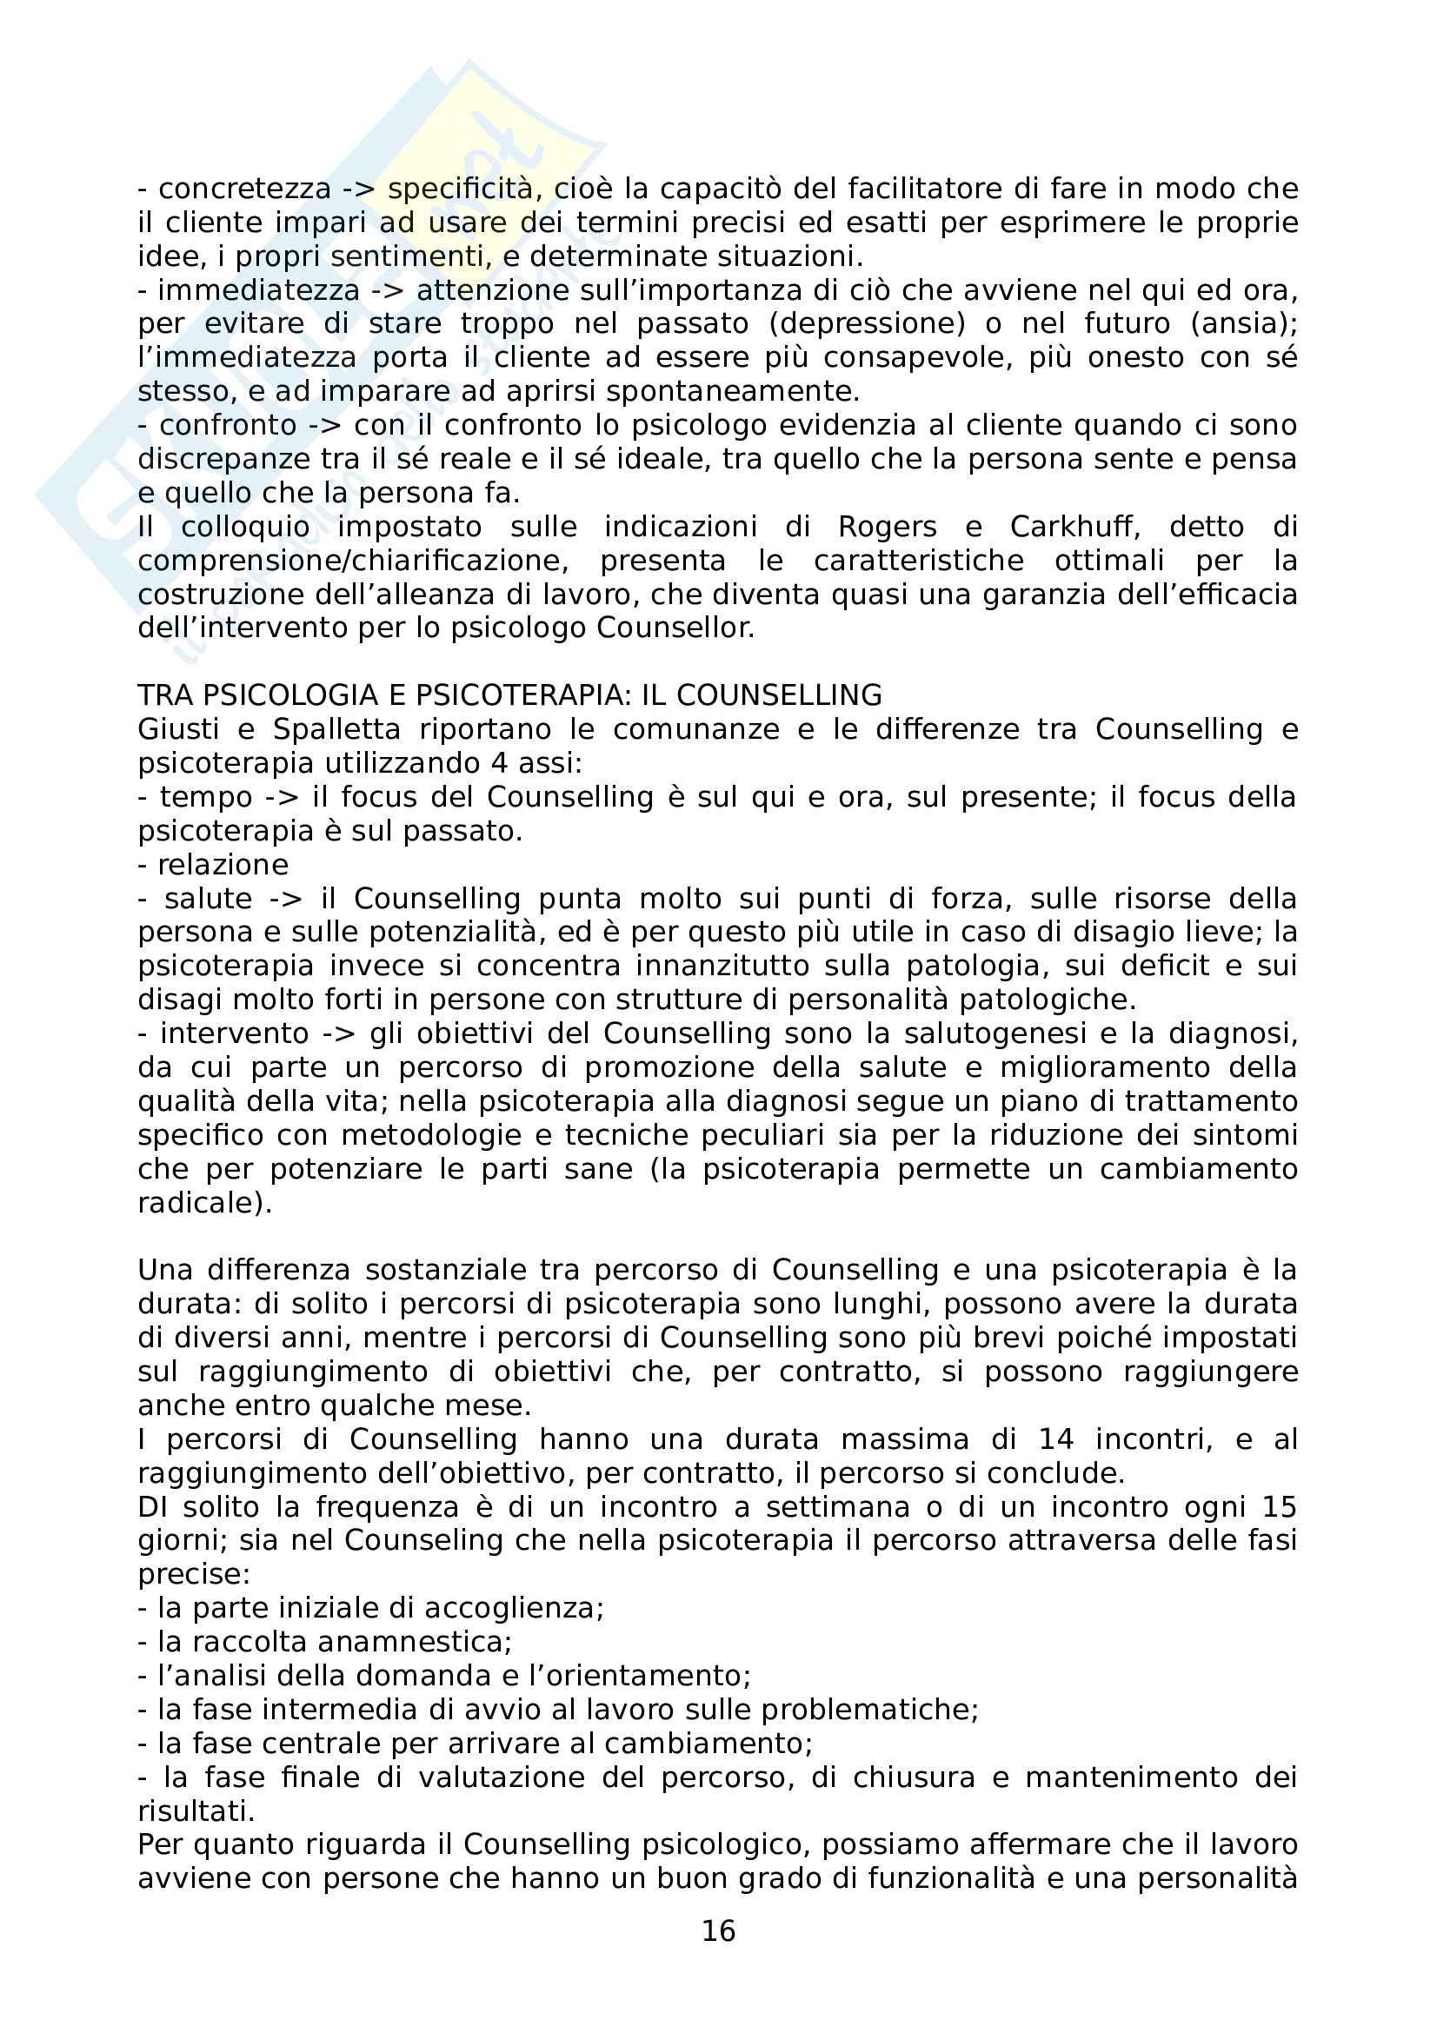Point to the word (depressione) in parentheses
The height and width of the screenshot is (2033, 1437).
click(867, 323)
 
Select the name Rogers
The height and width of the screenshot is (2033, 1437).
click(888, 527)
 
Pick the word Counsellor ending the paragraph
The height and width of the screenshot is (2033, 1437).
click(674, 628)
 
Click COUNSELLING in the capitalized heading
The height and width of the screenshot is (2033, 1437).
click(779, 695)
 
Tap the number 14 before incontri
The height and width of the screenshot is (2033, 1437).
click(1055, 1438)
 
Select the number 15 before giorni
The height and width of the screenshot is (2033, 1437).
click(1279, 1506)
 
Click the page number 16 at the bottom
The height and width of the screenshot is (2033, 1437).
click(718, 1930)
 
